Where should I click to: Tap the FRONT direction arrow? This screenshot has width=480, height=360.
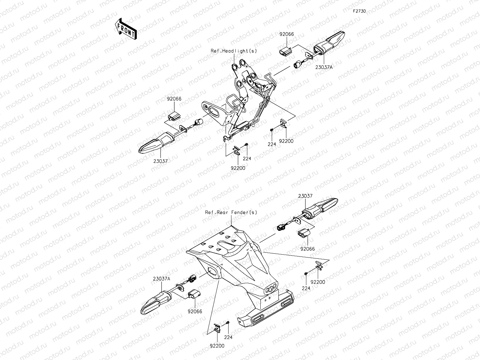tap(126, 29)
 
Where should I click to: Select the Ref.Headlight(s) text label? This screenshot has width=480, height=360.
tap(234, 51)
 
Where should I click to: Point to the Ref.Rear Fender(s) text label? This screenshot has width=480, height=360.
tap(231, 212)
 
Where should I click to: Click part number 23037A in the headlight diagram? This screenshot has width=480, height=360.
tap(324, 67)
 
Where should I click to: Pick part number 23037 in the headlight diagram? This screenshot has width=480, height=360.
tap(161, 161)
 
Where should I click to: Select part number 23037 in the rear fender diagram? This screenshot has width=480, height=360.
tap(305, 196)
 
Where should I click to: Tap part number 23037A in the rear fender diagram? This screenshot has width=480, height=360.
tap(162, 279)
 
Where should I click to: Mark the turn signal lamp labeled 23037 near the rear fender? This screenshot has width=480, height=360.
tap(321, 207)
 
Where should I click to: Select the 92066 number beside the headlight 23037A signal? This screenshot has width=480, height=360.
tap(287, 34)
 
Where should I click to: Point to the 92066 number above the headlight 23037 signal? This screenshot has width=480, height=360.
tap(174, 99)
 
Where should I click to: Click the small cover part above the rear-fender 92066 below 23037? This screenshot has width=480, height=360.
tap(304, 234)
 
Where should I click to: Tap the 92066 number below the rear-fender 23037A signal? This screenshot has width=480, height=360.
tap(195, 311)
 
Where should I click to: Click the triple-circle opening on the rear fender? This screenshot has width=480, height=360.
tap(270, 289)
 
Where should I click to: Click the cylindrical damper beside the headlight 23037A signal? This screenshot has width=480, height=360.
tap(297, 65)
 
